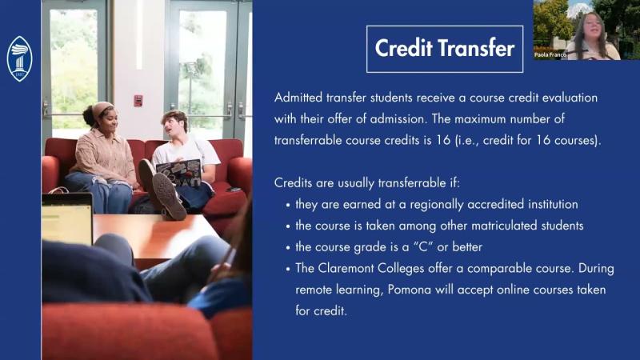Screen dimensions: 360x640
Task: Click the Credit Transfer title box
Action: coord(445,49)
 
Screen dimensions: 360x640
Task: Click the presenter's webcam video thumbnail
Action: coord(586,30)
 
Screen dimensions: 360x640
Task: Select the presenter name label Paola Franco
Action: coord(551,55)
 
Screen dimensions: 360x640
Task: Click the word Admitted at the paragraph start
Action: coord(301,98)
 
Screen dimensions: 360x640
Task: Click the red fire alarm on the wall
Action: coord(138,100)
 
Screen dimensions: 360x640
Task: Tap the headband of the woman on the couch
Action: coord(102,109)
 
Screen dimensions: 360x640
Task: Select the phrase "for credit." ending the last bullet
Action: coord(322,309)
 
